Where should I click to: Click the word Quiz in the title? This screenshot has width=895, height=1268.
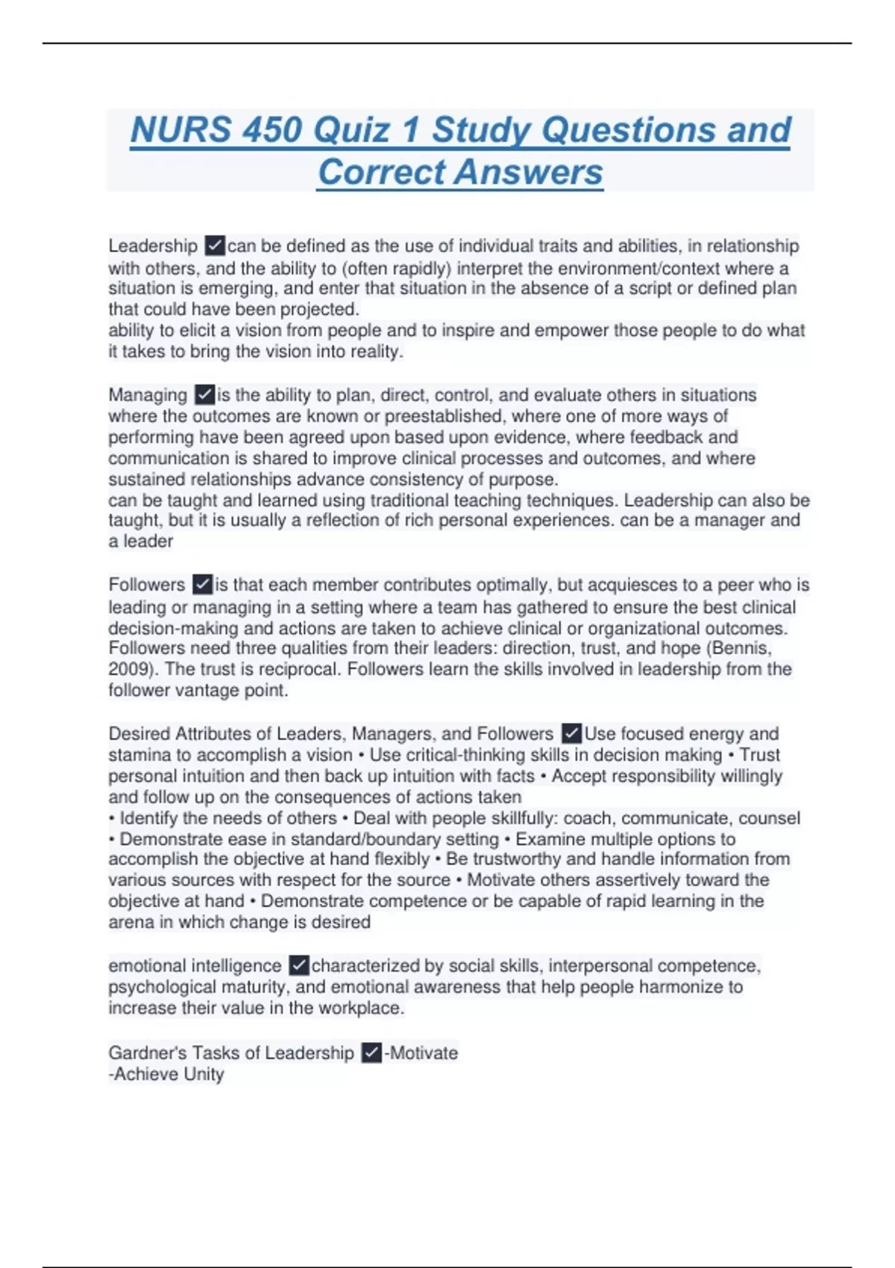(x=352, y=130)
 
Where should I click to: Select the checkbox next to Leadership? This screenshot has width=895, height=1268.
(x=215, y=245)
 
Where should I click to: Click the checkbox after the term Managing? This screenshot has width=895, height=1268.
(x=204, y=395)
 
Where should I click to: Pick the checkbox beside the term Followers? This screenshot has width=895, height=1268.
(x=202, y=585)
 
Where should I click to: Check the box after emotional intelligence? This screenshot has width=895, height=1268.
(x=298, y=966)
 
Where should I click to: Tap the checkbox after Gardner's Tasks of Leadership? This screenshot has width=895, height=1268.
(x=371, y=1053)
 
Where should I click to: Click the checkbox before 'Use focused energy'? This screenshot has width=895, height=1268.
(x=571, y=734)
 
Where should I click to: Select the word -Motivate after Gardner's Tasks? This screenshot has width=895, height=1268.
(x=421, y=1053)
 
